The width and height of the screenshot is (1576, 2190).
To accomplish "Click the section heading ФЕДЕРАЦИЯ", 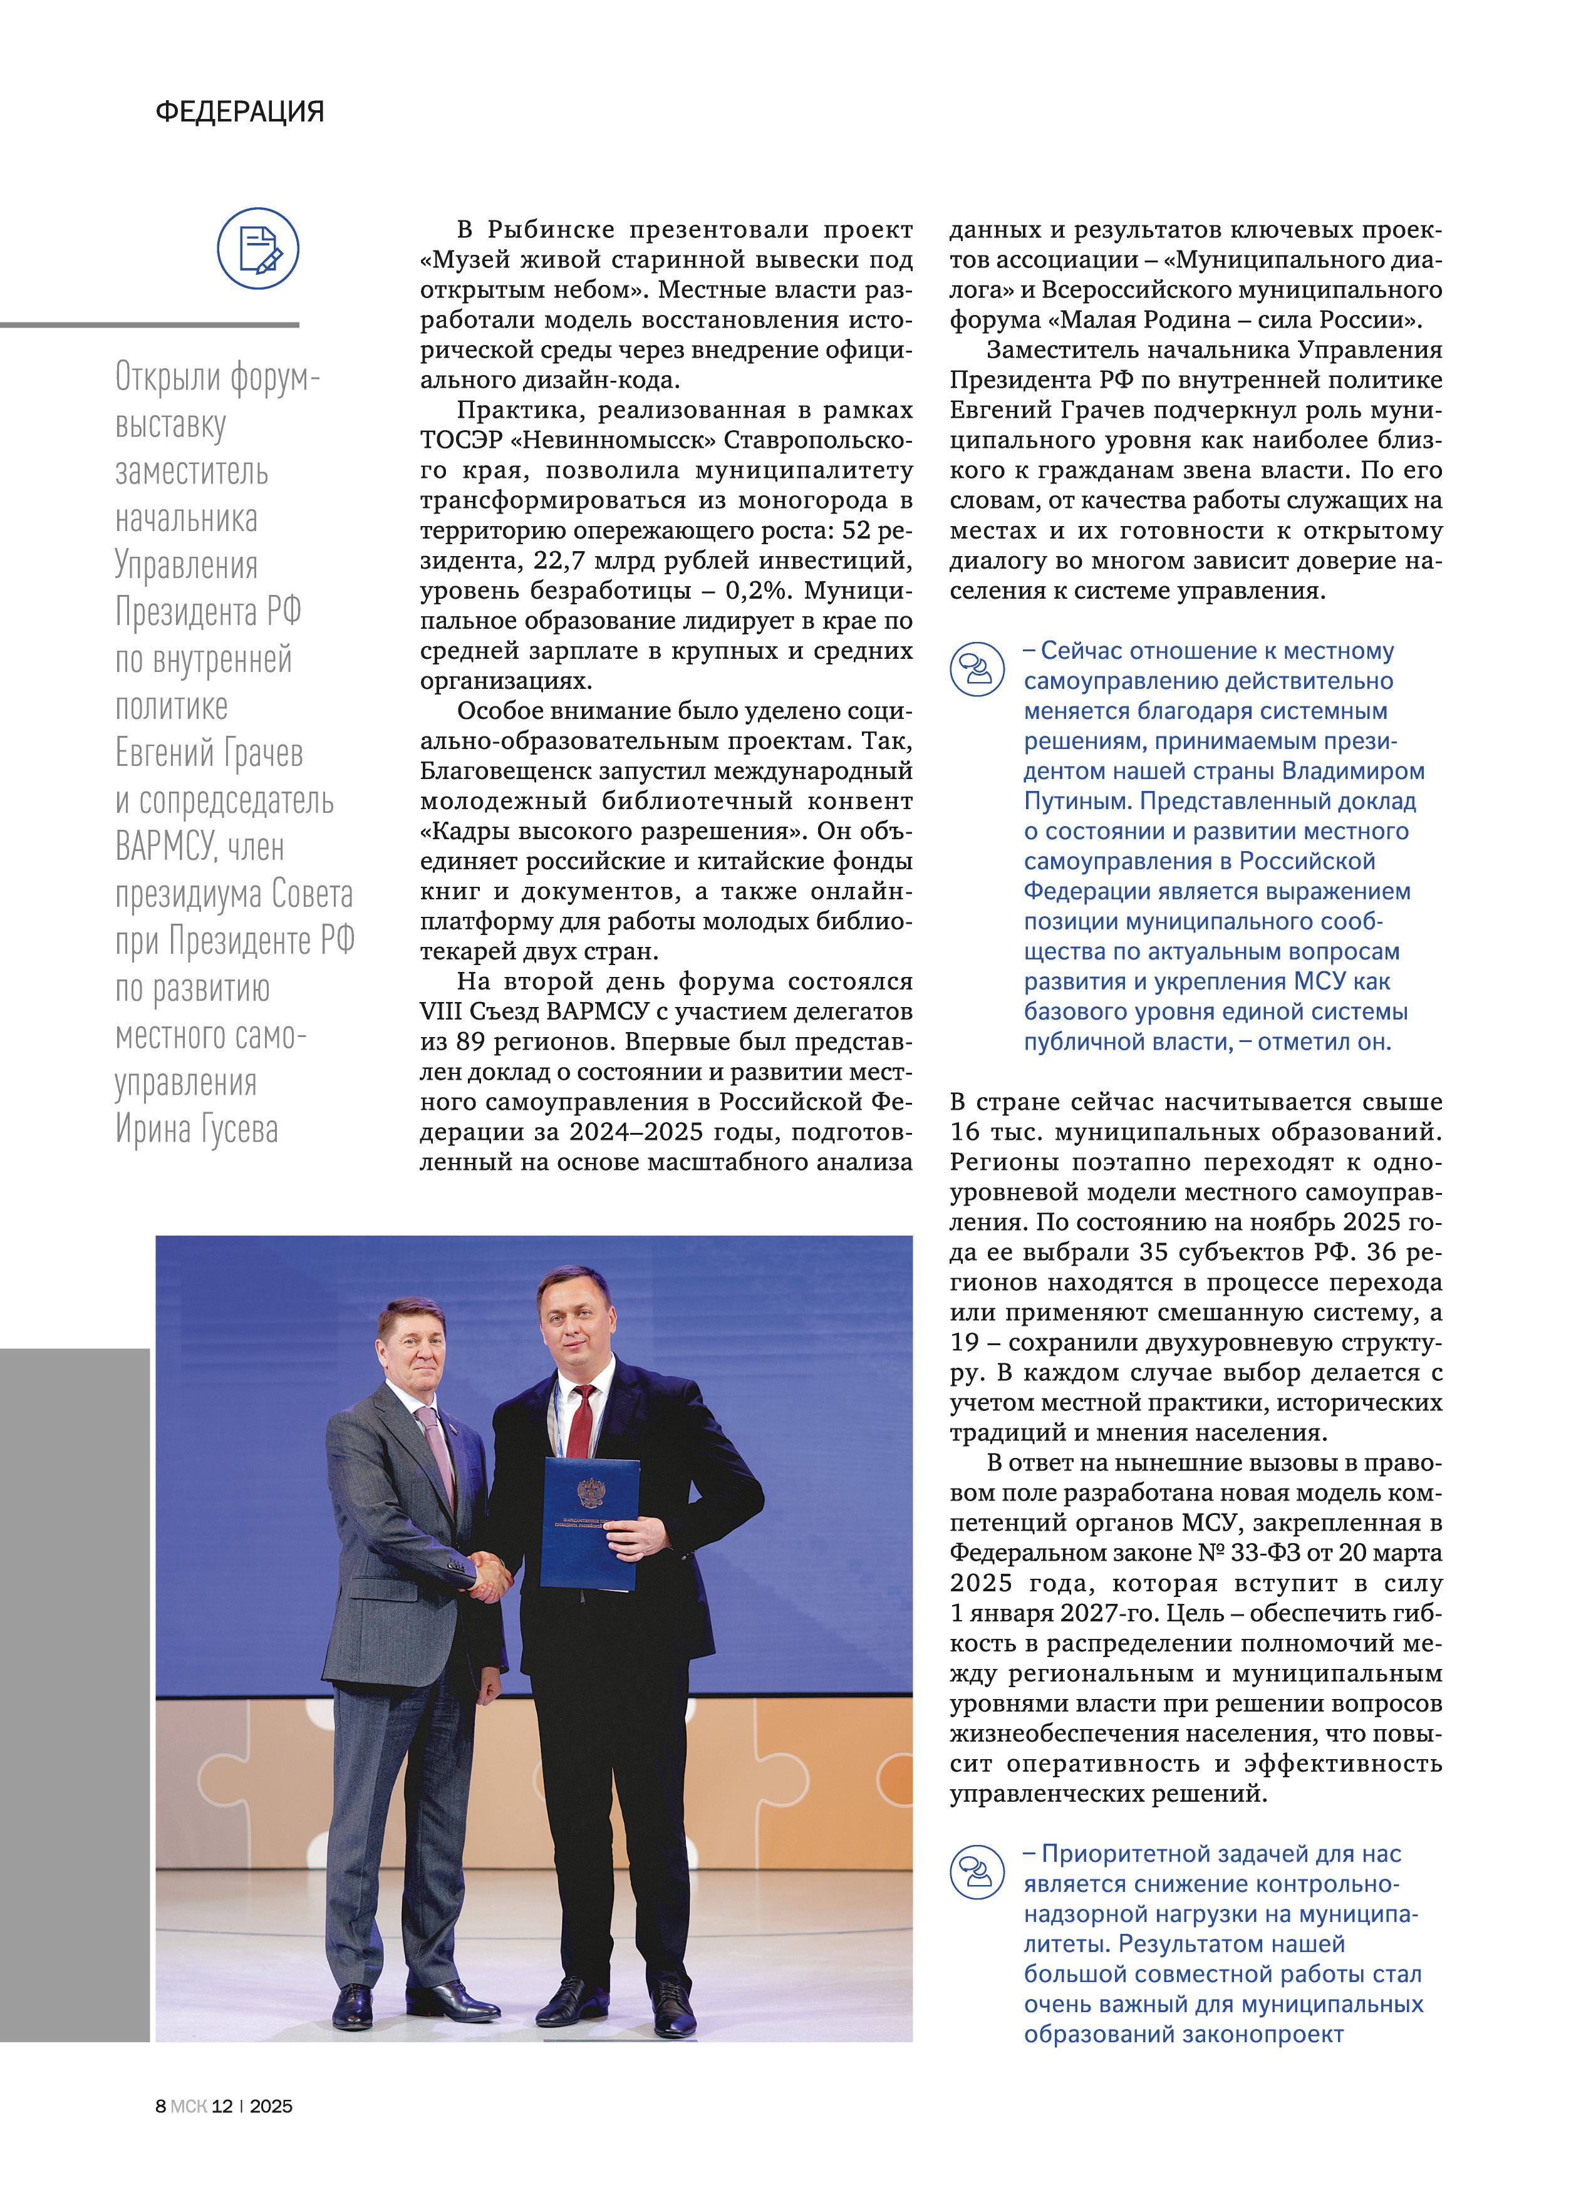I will [239, 112].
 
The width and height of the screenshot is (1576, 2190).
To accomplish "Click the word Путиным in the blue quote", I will [1077, 802].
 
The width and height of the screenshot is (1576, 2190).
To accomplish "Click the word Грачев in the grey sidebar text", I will [264, 753].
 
